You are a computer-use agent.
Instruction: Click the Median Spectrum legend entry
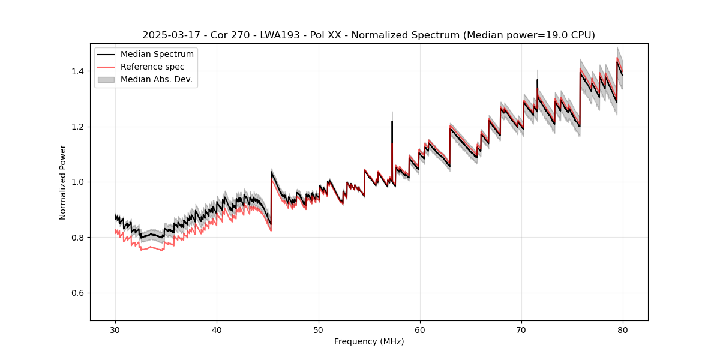[x=157, y=55]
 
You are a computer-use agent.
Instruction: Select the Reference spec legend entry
[x=152, y=67]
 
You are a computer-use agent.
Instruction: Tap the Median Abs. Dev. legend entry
[x=156, y=79]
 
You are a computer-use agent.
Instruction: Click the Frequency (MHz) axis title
[x=369, y=341]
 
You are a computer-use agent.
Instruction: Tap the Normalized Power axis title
[x=63, y=182]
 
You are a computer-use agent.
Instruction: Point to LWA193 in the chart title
[x=263, y=35]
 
